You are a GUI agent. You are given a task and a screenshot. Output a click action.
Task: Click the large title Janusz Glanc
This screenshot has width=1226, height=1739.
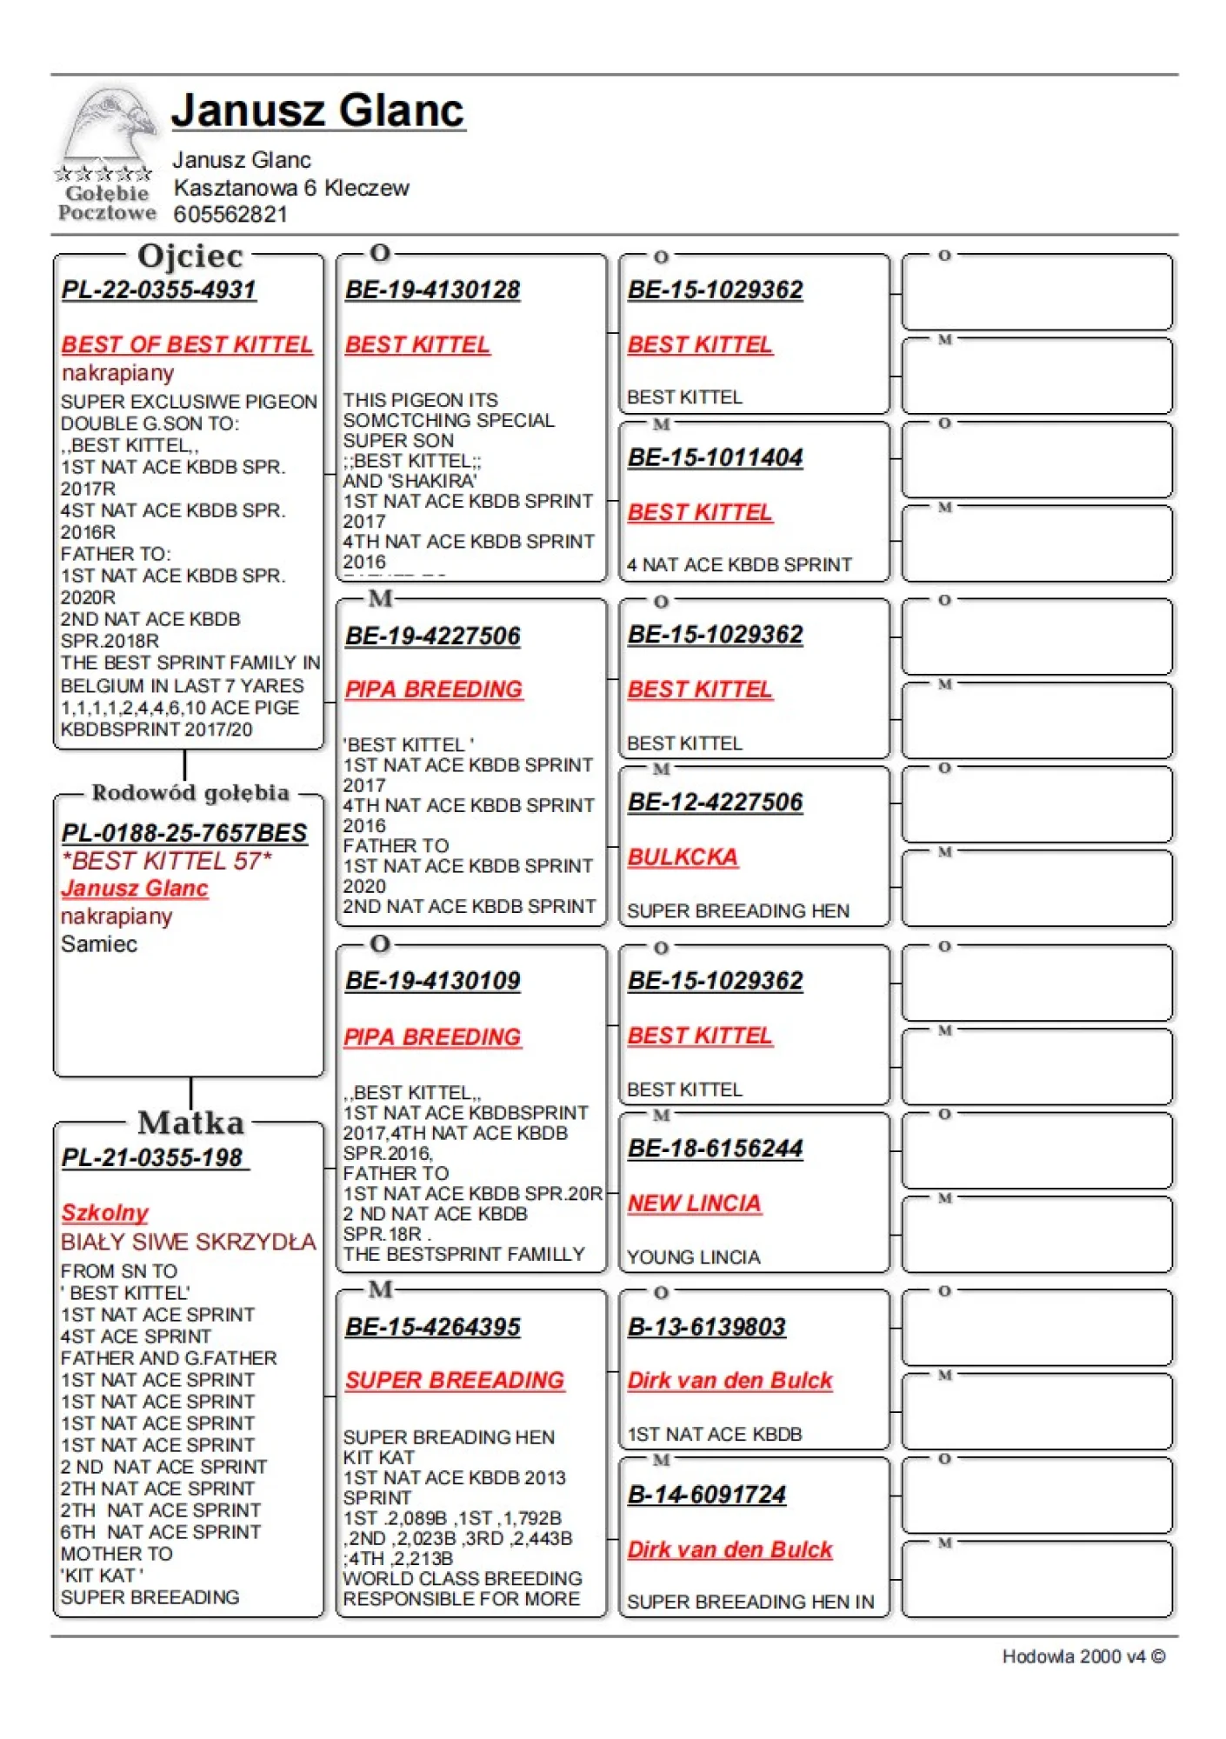pos(317,110)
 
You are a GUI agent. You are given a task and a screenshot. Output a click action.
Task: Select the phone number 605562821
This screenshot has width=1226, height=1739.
pos(230,215)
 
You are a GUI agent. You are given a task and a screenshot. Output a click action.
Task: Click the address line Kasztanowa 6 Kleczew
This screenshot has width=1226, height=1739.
pos(291,188)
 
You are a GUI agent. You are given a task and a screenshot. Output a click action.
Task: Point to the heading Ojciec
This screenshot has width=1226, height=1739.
pos(190,256)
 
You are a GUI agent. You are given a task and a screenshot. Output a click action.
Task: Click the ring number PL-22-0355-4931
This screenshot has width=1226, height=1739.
pos(159,290)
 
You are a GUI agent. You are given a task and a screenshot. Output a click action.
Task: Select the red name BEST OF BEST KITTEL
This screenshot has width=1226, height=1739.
pos(187,344)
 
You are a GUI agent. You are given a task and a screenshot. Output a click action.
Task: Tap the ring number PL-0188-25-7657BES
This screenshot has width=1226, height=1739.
pos(184,833)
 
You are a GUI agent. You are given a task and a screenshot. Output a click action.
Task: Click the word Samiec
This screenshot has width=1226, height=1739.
pos(99,944)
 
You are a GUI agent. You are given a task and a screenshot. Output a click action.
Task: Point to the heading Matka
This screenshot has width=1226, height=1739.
pos(190,1123)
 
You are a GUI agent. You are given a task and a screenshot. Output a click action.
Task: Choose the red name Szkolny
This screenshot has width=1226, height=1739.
pos(105,1212)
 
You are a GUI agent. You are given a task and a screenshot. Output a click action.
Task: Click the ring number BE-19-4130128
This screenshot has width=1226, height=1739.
pos(432,290)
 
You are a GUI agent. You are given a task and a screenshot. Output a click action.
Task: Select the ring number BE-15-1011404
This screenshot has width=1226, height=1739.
pos(715,457)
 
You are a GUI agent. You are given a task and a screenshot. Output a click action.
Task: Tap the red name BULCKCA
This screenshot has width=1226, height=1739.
pos(683,856)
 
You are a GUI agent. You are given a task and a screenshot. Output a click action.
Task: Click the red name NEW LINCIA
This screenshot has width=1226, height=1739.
pos(694,1203)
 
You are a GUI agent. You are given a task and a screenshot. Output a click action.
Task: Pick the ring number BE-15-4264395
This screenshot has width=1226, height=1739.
pos(432,1327)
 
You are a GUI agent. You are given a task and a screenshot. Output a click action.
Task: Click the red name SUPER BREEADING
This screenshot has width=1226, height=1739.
pos(454,1380)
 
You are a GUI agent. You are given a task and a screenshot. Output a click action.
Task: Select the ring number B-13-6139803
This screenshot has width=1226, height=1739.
pos(706,1327)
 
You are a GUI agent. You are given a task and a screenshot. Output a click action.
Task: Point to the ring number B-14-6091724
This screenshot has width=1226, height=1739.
pos(706,1495)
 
